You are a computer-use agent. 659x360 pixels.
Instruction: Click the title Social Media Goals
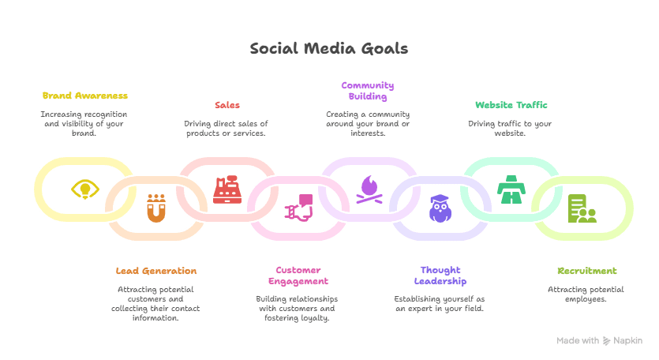pyautogui.click(x=329, y=49)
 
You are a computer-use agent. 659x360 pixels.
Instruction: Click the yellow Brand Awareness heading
pyautogui.click(x=84, y=96)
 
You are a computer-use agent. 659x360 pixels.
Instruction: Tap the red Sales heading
pyautogui.click(x=227, y=105)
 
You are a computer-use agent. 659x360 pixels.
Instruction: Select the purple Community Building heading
pyautogui.click(x=367, y=91)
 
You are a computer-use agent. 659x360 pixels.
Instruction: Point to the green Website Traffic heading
pyautogui.click(x=511, y=105)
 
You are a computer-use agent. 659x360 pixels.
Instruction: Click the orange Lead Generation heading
pyautogui.click(x=155, y=271)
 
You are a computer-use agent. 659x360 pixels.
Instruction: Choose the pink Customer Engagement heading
pyautogui.click(x=297, y=275)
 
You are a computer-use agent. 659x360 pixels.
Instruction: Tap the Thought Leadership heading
pyautogui.click(x=440, y=275)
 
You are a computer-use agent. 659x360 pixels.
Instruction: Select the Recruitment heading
pyautogui.click(x=586, y=271)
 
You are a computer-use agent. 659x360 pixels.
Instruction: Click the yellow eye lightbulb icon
pyautogui.click(x=84, y=189)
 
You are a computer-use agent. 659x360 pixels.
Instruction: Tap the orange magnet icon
pyautogui.click(x=155, y=208)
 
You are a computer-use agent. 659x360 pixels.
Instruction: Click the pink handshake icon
pyautogui.click(x=298, y=208)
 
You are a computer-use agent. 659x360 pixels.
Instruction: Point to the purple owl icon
pyautogui.click(x=440, y=208)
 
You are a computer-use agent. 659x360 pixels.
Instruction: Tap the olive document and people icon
pyautogui.click(x=582, y=208)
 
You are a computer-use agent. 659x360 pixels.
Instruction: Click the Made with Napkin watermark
pyautogui.click(x=599, y=340)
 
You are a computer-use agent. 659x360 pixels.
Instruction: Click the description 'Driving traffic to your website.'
pyautogui.click(x=510, y=128)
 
